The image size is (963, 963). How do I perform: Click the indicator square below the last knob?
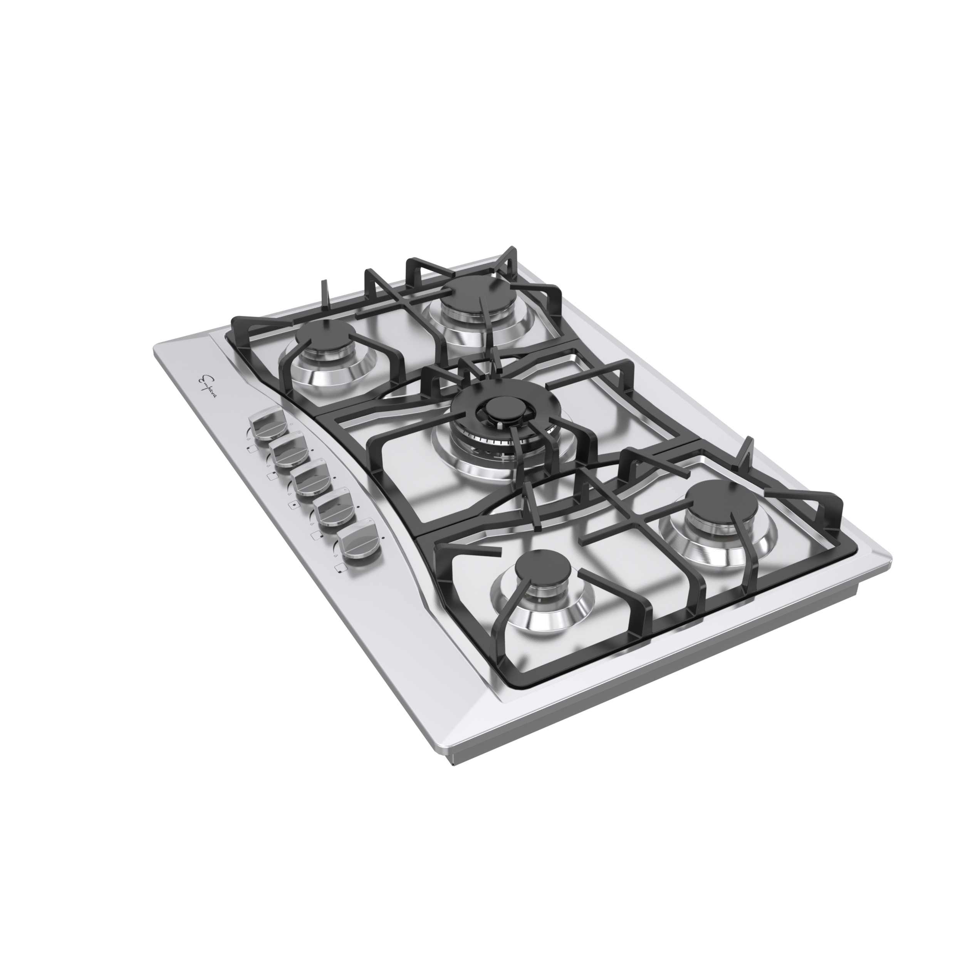point(340,567)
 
